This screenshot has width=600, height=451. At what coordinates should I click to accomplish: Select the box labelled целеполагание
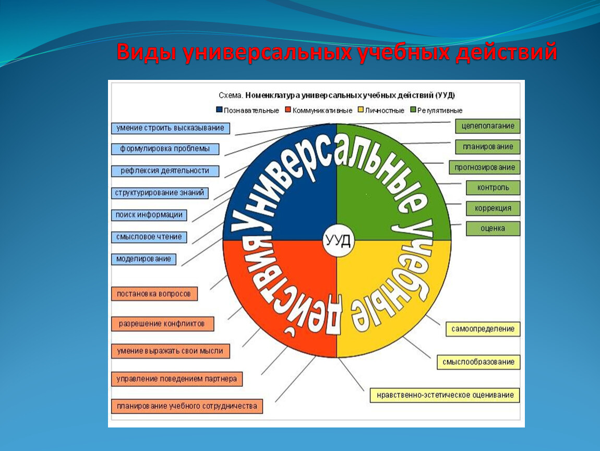click(x=488, y=126)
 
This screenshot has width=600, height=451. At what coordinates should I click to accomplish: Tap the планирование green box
click(x=488, y=147)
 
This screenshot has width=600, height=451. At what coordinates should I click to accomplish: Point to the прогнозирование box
click(x=484, y=168)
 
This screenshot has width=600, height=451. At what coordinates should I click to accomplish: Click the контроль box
click(x=493, y=187)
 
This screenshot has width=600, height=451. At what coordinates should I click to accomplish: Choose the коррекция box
click(x=493, y=208)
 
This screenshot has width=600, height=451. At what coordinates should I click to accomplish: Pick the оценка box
click(x=493, y=228)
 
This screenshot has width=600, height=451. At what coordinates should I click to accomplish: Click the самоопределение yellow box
click(x=483, y=329)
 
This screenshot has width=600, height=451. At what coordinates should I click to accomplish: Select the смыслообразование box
click(x=478, y=362)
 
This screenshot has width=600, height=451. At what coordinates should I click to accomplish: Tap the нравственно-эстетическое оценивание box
click(x=445, y=395)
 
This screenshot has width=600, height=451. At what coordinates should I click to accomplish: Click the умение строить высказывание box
click(x=170, y=128)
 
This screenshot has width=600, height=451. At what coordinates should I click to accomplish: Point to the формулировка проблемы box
click(x=165, y=149)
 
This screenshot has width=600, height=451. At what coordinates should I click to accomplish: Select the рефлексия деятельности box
click(x=165, y=171)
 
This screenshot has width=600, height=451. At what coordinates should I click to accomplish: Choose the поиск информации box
click(x=149, y=215)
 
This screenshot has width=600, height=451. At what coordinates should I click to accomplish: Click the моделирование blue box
click(x=143, y=259)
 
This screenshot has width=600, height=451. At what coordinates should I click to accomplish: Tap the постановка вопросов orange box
click(x=154, y=294)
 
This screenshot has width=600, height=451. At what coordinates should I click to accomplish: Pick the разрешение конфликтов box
click(x=162, y=324)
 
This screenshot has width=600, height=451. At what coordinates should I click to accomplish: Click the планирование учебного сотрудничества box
click(x=187, y=406)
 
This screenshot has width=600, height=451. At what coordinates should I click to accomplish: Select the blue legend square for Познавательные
click(x=219, y=110)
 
